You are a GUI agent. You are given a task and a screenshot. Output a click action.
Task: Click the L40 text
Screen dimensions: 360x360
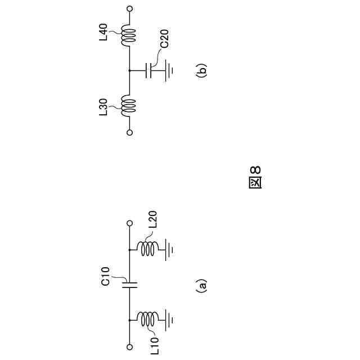pyautogui.click(x=103, y=32)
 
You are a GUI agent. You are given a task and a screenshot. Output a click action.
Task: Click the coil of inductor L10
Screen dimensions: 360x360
pyautogui.click(x=148, y=320)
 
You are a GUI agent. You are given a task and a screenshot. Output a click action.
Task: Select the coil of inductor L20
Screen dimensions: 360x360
pyautogui.click(x=148, y=249)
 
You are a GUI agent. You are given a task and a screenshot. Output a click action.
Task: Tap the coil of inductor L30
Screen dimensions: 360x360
pyautogui.click(x=129, y=105)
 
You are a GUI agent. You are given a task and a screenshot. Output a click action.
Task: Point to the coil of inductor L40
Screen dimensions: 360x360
pyautogui.click(x=129, y=35)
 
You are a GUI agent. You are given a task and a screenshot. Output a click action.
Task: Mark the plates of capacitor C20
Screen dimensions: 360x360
pyautogui.click(x=150, y=71)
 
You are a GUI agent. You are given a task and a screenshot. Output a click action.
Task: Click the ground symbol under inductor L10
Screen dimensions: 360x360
pyautogui.click(x=168, y=320)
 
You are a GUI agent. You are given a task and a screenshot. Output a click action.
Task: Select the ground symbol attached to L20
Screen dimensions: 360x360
pyautogui.click(x=168, y=249)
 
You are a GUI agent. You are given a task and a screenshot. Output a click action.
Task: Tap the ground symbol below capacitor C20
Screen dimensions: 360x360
pyautogui.click(x=168, y=71)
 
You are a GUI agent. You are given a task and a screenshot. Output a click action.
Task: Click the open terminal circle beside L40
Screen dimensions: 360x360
pyautogui.click(x=129, y=9)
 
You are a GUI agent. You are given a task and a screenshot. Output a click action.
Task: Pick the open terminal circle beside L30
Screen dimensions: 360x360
pyautogui.click(x=129, y=133)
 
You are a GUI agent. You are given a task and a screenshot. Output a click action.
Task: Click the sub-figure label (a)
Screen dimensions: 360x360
pyautogui.click(x=201, y=286)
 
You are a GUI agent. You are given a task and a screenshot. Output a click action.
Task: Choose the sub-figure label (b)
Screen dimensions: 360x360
pyautogui.click(x=201, y=70)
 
